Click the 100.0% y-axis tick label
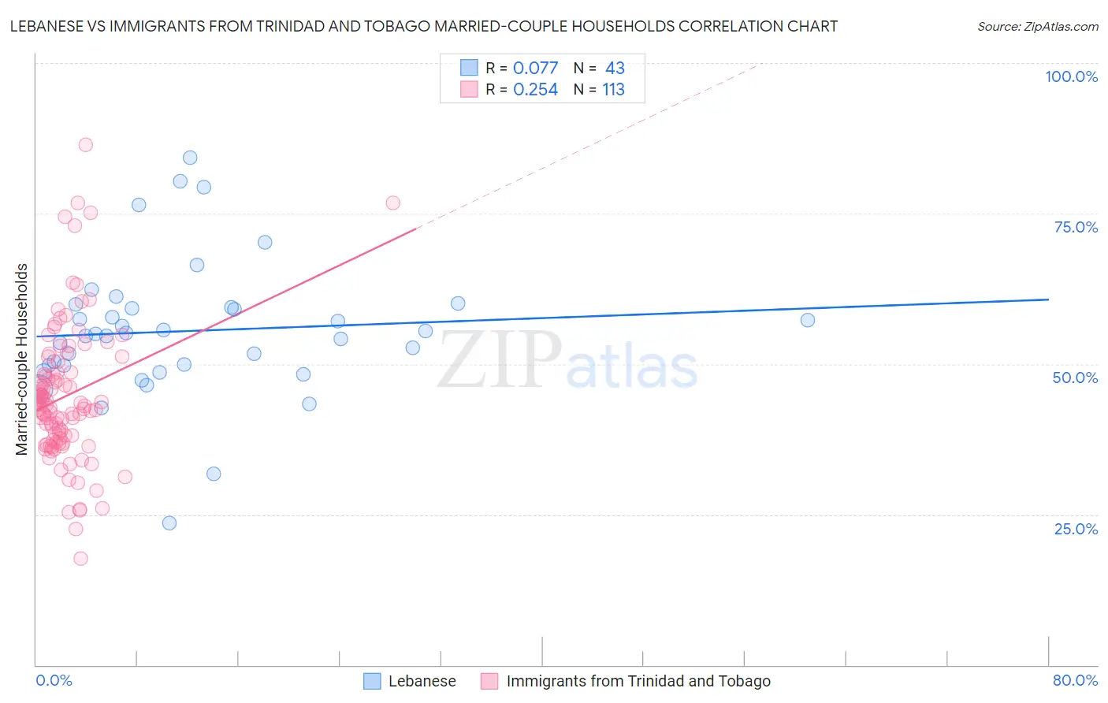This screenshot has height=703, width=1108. click(x=1071, y=76)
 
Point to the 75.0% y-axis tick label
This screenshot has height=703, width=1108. click(x=1076, y=227)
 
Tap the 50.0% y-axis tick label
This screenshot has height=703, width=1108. click(x=1075, y=378)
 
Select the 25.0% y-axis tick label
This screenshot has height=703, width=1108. click(x=1076, y=529)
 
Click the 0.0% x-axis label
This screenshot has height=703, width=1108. click(x=54, y=680)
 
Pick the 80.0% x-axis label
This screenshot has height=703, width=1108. click(x=1075, y=680)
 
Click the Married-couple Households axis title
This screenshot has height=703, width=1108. click(x=22, y=359)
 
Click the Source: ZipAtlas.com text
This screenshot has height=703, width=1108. click(x=1037, y=27)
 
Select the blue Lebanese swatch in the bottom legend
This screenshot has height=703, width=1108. click(x=372, y=681)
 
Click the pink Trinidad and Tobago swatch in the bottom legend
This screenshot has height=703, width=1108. click(x=489, y=681)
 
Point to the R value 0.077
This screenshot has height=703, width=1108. click(x=535, y=68)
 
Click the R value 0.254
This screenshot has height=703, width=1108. click(x=535, y=90)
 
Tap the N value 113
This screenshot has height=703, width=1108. click(x=613, y=90)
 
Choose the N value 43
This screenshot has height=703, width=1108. click(x=615, y=68)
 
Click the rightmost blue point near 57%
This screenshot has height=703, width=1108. click(x=807, y=320)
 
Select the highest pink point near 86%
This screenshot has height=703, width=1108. click(x=85, y=145)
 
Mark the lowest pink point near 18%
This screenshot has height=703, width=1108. click(x=80, y=559)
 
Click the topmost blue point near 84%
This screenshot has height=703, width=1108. click(x=190, y=158)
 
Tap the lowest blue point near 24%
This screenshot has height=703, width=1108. click(x=169, y=523)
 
